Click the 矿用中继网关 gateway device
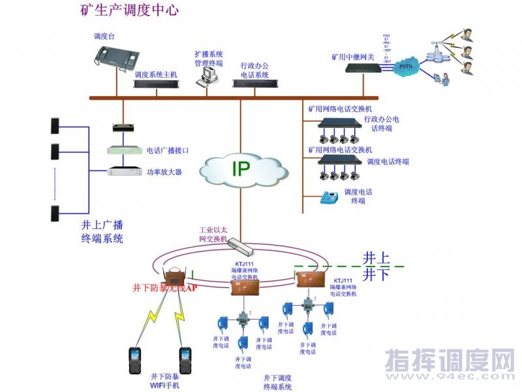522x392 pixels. (x=362, y=68)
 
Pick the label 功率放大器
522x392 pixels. (x=164, y=172)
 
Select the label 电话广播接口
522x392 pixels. (x=168, y=150)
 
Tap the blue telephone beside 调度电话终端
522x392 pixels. (x=326, y=197)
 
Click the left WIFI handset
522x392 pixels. (x=135, y=361)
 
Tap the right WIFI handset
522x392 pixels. (x=185, y=361)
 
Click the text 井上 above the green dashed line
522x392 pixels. (x=375, y=257)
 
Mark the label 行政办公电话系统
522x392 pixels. (x=254, y=70)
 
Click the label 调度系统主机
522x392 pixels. (x=155, y=75)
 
